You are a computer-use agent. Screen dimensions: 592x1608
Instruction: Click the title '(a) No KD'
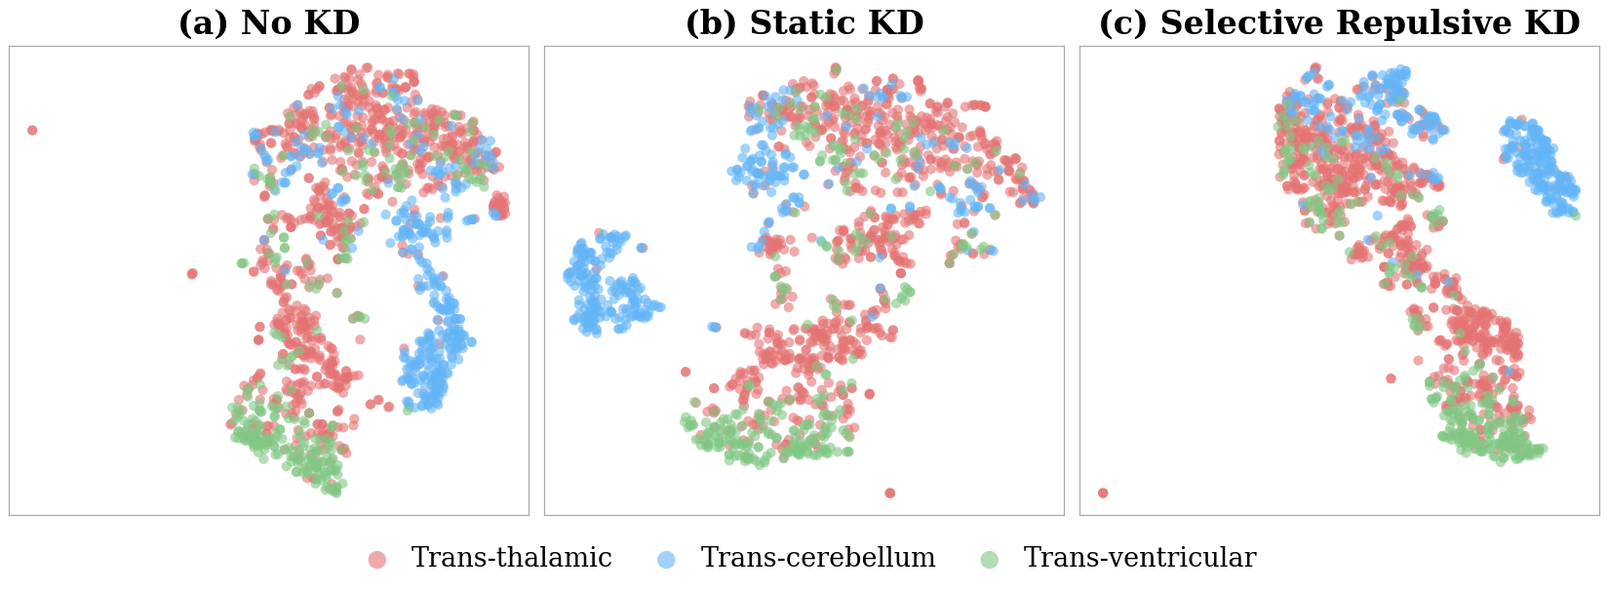(268, 23)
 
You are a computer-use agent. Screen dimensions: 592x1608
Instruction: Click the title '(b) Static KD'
(804, 23)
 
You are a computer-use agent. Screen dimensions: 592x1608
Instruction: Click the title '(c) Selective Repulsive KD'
(1339, 23)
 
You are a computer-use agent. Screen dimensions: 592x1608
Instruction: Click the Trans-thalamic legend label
(511, 559)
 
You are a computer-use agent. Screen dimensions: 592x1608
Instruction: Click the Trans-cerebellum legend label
(817, 559)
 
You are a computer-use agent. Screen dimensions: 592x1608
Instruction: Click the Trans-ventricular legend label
(1139, 559)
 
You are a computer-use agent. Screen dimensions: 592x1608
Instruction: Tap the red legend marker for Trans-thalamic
(376, 560)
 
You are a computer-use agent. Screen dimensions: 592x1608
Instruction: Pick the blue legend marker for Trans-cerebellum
(666, 560)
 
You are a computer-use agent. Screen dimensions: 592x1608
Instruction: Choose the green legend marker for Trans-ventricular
(988, 560)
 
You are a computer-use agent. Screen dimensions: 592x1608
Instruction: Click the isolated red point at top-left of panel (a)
(32, 130)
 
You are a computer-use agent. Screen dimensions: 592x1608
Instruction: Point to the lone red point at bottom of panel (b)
(889, 493)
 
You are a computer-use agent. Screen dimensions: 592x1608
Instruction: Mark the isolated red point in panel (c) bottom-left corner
(1103, 493)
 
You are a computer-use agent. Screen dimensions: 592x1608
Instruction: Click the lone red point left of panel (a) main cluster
(192, 273)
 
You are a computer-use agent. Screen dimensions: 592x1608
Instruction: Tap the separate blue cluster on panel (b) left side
(605, 288)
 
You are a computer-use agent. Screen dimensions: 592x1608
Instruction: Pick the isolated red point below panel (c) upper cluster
(1391, 378)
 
